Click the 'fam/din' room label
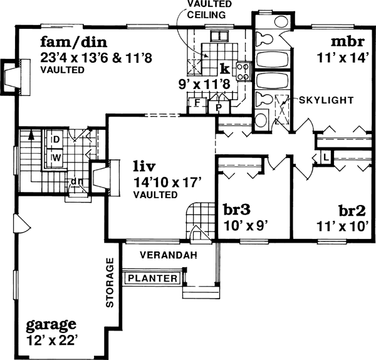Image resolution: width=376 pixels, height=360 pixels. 73,43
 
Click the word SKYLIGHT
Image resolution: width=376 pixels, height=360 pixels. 326,100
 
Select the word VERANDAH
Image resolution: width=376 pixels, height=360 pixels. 169,255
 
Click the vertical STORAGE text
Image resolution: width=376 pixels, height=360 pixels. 110,282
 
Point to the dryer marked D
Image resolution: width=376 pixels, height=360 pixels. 55,139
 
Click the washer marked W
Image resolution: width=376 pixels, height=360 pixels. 55,157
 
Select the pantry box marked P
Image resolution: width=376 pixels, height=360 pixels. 219,106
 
